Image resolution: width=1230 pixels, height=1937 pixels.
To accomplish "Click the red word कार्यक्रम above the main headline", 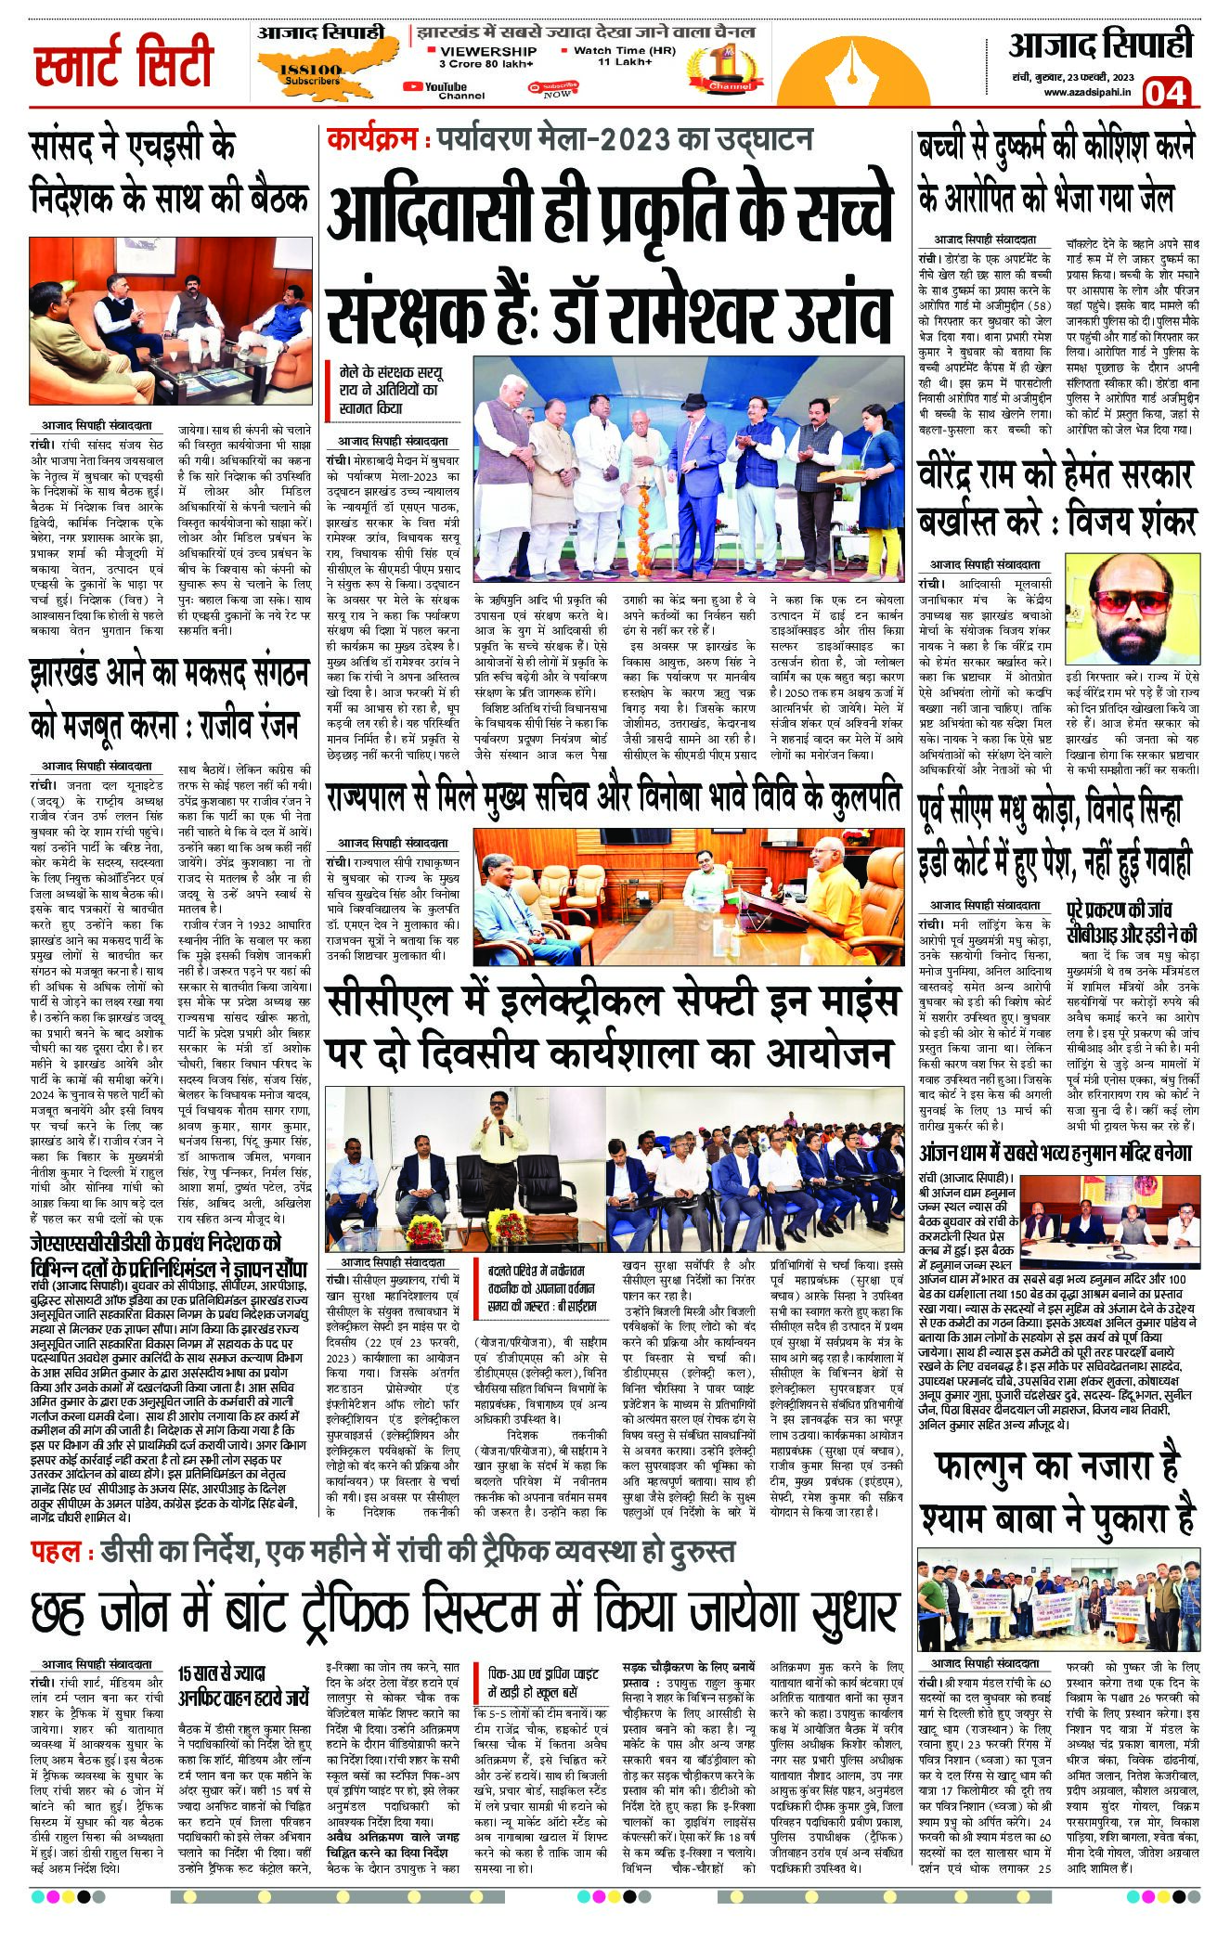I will [369, 140].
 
